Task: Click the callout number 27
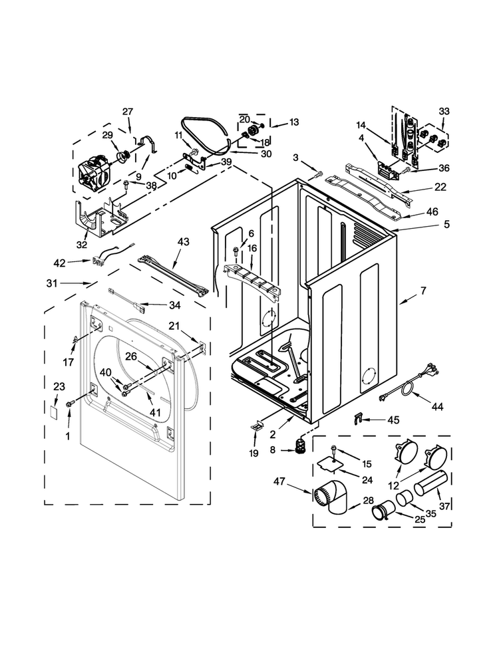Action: pos(128,111)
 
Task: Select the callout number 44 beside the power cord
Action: pos(437,405)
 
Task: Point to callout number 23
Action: pos(59,386)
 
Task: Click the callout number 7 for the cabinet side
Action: pos(422,291)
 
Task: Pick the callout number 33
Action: pos(444,111)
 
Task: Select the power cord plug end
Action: pos(384,398)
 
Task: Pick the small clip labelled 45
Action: pos(357,418)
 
